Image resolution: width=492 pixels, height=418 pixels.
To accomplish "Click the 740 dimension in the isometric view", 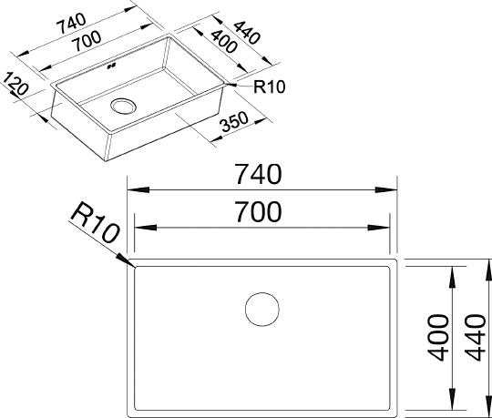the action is [x=71, y=24].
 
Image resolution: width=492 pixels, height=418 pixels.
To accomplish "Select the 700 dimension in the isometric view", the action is [x=87, y=41].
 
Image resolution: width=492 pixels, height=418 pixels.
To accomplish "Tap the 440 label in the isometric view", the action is [x=247, y=32].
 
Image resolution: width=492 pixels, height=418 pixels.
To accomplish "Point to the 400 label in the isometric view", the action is [x=223, y=41].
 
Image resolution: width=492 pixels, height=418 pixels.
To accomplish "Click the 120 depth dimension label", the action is [x=15, y=84].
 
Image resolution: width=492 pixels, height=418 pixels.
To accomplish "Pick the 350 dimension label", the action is [x=235, y=122].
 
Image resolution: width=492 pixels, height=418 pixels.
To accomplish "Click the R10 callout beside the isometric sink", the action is [x=269, y=87].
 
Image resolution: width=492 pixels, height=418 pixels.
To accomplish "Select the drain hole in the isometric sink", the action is [x=123, y=106].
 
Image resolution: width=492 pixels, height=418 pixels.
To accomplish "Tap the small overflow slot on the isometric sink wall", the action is [x=112, y=66].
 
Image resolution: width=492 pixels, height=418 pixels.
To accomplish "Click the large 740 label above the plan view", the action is [x=259, y=174].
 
